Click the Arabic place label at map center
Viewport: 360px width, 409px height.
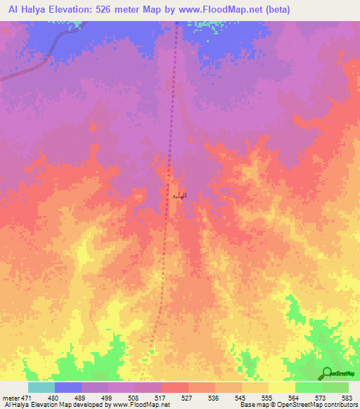(x=179, y=193)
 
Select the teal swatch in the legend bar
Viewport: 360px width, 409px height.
(x=41, y=387)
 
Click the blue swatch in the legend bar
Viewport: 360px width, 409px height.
(x=68, y=387)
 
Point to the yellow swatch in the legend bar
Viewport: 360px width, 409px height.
(x=282, y=387)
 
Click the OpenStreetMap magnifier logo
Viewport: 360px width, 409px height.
(x=326, y=373)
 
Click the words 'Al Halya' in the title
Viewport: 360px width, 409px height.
(x=27, y=9)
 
